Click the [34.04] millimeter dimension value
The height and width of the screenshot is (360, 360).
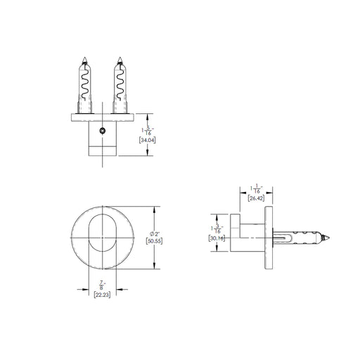(x=148, y=141)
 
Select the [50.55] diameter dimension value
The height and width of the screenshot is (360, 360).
(x=154, y=241)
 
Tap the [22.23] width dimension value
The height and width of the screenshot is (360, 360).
(x=102, y=295)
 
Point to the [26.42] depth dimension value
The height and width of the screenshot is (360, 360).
(x=256, y=198)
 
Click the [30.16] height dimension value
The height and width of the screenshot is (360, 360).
(x=217, y=238)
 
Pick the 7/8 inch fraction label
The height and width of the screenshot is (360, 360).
(x=101, y=285)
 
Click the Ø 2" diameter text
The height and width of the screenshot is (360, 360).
(x=155, y=234)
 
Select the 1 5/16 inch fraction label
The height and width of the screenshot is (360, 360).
(x=148, y=131)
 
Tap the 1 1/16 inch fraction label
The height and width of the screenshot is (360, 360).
(x=257, y=189)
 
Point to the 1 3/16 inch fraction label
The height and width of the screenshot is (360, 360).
(x=217, y=229)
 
